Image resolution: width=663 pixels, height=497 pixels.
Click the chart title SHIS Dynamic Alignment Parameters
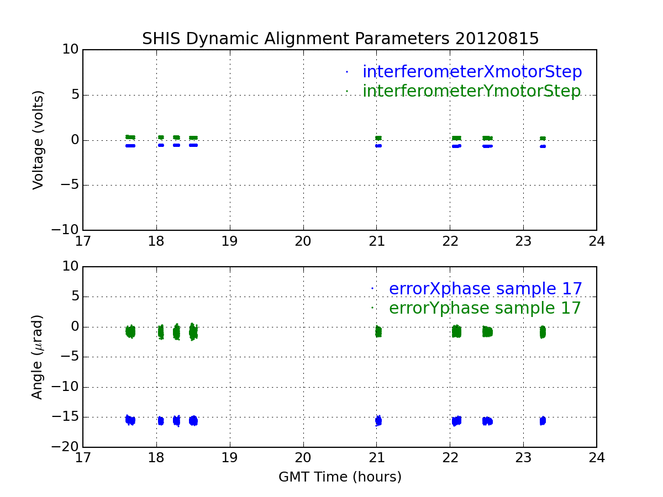point(295,39)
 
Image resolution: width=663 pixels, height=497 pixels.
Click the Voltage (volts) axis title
point(38,140)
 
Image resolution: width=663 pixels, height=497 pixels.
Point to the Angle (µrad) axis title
point(38,357)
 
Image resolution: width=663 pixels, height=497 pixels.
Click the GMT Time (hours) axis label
point(340,477)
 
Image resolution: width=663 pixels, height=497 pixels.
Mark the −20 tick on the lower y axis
point(65,447)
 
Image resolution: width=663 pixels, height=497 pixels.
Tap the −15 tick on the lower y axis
point(65,417)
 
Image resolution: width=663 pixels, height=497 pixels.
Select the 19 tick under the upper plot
point(229,241)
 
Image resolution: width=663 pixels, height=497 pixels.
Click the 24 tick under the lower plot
point(597,458)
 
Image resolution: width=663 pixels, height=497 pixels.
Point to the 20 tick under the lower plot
point(303,458)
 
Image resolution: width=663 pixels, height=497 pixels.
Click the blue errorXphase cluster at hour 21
point(378,420)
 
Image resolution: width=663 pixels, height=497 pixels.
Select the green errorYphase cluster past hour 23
point(543,332)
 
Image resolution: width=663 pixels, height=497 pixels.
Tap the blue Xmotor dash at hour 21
point(378,146)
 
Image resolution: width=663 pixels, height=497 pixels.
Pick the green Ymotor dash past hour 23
point(543,138)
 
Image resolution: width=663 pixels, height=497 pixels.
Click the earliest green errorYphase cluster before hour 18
point(130,332)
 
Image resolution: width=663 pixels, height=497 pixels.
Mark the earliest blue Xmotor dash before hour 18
point(130,146)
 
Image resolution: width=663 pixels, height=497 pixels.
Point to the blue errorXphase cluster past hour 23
point(543,421)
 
